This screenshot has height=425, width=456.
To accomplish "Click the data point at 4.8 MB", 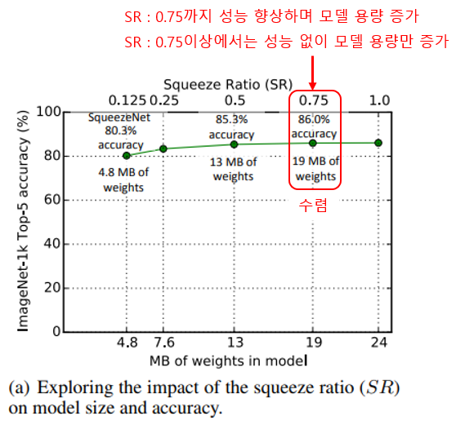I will (x=126, y=155).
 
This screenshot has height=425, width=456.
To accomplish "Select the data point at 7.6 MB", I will (x=163, y=148).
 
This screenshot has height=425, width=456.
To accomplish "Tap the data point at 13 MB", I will (x=234, y=144).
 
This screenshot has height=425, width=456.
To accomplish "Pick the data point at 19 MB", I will (x=312, y=143).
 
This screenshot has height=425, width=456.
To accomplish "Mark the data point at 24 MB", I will (x=378, y=143).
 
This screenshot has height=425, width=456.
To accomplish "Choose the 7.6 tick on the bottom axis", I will (x=163, y=343).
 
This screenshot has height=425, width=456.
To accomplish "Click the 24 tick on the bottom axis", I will (x=378, y=343).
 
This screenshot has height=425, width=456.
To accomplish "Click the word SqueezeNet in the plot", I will (x=119, y=117).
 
